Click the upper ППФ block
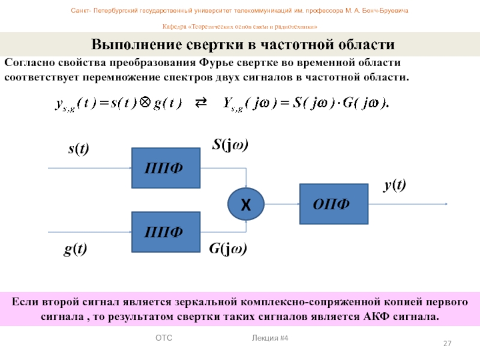pos(165,168)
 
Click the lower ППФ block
pos(165,232)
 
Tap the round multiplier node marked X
pos(245,205)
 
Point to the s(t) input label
pos(77,149)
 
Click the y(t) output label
pos(395,186)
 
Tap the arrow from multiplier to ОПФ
pos(281,204)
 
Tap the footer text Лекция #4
pos(271,339)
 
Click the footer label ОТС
pos(164,339)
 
